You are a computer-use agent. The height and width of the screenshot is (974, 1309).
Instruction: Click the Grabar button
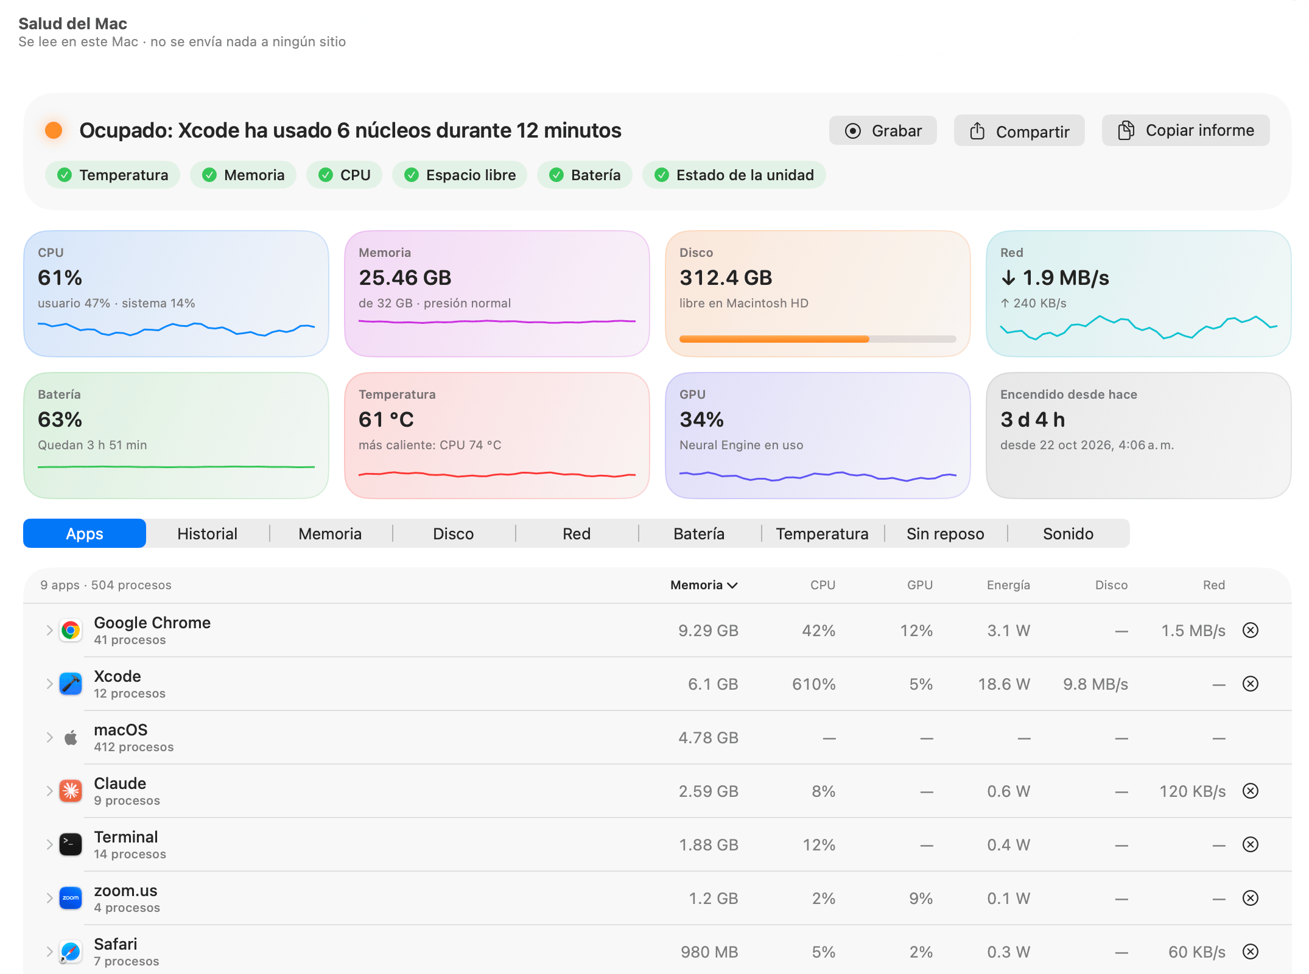[883, 131]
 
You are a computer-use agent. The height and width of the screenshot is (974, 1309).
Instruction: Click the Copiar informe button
[1185, 130]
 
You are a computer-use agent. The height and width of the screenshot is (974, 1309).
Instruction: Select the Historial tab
[208, 534]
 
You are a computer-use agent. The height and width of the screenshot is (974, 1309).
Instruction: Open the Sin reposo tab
[945, 534]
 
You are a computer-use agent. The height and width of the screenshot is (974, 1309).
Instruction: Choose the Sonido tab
[1068, 534]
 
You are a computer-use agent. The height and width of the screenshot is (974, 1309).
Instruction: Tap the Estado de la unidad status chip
[734, 175]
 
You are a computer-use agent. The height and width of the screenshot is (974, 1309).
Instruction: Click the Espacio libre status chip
[460, 175]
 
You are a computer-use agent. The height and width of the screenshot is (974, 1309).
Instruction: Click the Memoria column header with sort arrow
[704, 585]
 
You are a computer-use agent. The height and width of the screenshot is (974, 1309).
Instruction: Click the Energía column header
[1008, 585]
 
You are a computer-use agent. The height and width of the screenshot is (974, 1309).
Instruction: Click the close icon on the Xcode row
[1251, 684]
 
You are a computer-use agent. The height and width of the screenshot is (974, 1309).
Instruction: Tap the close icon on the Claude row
[1251, 791]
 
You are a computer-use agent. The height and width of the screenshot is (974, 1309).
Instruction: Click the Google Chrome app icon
[71, 630]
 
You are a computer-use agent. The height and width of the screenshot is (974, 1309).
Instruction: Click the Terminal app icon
[71, 844]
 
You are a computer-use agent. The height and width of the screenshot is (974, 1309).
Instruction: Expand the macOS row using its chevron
[49, 738]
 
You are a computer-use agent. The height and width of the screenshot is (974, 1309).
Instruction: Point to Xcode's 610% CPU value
[813, 684]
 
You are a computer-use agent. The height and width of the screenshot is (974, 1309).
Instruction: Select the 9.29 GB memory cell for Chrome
[708, 631]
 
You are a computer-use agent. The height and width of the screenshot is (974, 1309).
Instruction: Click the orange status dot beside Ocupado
[54, 130]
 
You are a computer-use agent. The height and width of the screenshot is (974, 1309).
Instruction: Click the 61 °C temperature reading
[386, 419]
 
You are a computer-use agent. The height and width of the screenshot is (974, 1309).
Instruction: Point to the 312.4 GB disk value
[726, 278]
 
